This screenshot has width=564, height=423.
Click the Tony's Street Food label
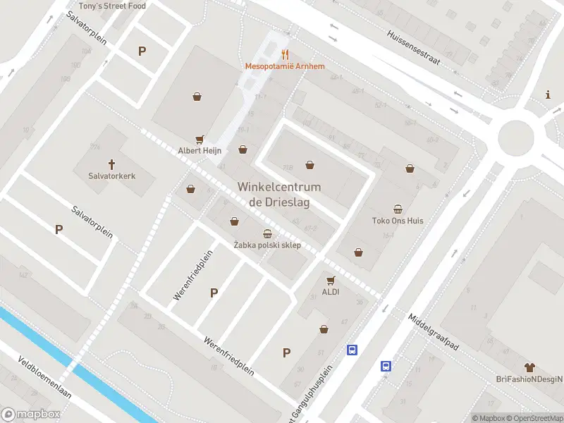112,6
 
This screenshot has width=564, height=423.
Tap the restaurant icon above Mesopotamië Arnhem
285,54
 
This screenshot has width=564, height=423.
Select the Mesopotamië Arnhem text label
285,66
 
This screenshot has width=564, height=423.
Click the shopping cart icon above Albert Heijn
200,140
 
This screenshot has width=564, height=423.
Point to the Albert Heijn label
200,151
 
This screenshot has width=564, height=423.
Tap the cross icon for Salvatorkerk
111,164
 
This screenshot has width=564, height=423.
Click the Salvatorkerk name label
111,176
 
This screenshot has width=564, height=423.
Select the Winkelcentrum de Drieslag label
279,195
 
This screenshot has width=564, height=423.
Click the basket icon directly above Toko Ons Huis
398,209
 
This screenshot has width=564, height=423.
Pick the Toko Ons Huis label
398,221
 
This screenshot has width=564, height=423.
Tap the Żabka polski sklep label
267,245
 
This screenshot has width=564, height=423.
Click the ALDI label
331,292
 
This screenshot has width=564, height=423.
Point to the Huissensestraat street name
414,47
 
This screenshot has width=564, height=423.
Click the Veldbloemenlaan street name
44,376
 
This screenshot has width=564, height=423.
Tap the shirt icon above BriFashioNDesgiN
529,367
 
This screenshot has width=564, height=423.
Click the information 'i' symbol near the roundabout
548,94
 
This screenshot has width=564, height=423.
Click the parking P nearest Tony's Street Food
142,51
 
